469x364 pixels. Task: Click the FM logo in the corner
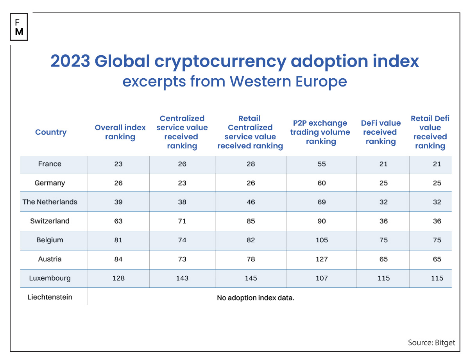click(19, 27)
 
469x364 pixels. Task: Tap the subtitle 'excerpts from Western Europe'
click(234, 81)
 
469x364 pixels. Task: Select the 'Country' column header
click(51, 132)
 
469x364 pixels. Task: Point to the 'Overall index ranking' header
click(120, 132)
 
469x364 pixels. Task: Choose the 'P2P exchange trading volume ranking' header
click(321, 132)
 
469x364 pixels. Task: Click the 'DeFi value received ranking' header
click(381, 132)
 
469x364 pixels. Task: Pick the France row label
click(50, 164)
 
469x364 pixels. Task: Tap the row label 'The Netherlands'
click(50, 202)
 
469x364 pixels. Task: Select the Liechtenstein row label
click(50, 297)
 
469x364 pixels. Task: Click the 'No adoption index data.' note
click(255, 298)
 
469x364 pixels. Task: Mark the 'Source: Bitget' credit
click(431, 342)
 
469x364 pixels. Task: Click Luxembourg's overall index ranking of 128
click(118, 278)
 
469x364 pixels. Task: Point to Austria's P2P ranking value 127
click(322, 259)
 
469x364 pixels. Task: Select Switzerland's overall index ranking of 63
click(118, 221)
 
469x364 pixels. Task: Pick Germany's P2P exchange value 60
click(322, 183)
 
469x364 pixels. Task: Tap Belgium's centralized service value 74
click(182, 240)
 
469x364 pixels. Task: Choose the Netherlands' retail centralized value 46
click(251, 202)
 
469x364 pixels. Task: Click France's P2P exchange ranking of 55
click(322, 164)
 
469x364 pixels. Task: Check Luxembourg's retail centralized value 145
click(251, 278)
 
